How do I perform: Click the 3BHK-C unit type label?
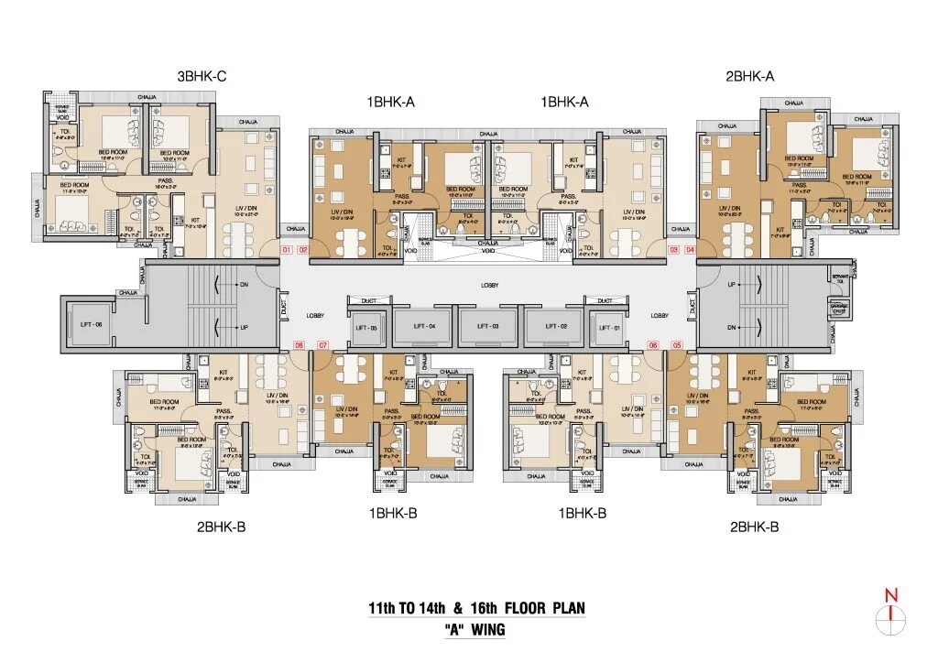click(x=202, y=77)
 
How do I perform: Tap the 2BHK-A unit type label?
click(x=749, y=77)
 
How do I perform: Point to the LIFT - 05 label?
click(x=366, y=326)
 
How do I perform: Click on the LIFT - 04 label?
click(x=423, y=326)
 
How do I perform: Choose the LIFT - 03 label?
click(x=488, y=326)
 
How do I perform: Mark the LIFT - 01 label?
click(x=610, y=326)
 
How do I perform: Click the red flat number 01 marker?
click(x=286, y=250)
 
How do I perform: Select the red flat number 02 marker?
click(x=302, y=250)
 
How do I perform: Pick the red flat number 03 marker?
click(x=674, y=250)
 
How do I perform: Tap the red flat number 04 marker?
click(x=690, y=250)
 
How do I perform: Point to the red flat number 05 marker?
click(x=677, y=345)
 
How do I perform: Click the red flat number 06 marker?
click(x=653, y=345)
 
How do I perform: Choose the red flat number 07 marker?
click(x=322, y=345)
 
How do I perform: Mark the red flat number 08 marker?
click(x=299, y=345)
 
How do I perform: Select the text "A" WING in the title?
click(x=474, y=630)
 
